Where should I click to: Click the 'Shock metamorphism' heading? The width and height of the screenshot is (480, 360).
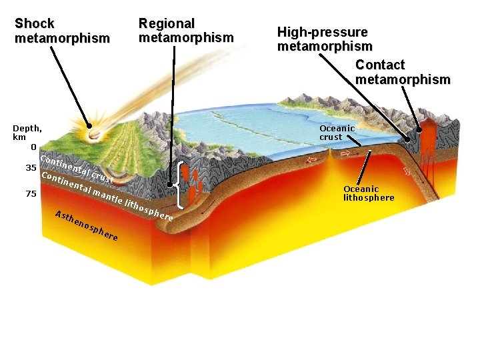(62, 31)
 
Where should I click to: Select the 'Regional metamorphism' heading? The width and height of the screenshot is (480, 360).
(186, 31)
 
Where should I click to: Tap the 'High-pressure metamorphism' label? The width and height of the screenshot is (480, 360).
(325, 39)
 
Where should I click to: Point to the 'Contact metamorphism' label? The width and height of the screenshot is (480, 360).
(403, 72)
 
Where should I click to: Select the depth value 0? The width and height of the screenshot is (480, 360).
(33, 147)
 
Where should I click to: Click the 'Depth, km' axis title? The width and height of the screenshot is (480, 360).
(27, 132)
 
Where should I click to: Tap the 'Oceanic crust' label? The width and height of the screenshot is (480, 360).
(337, 133)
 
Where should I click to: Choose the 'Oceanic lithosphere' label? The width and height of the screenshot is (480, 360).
(369, 193)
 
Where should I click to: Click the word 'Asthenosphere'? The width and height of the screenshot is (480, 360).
(87, 225)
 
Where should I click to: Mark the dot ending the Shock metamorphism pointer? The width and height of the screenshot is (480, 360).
(89, 125)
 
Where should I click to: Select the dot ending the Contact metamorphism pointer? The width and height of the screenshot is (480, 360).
(419, 131)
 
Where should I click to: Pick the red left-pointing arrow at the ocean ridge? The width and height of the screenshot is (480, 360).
(312, 160)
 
